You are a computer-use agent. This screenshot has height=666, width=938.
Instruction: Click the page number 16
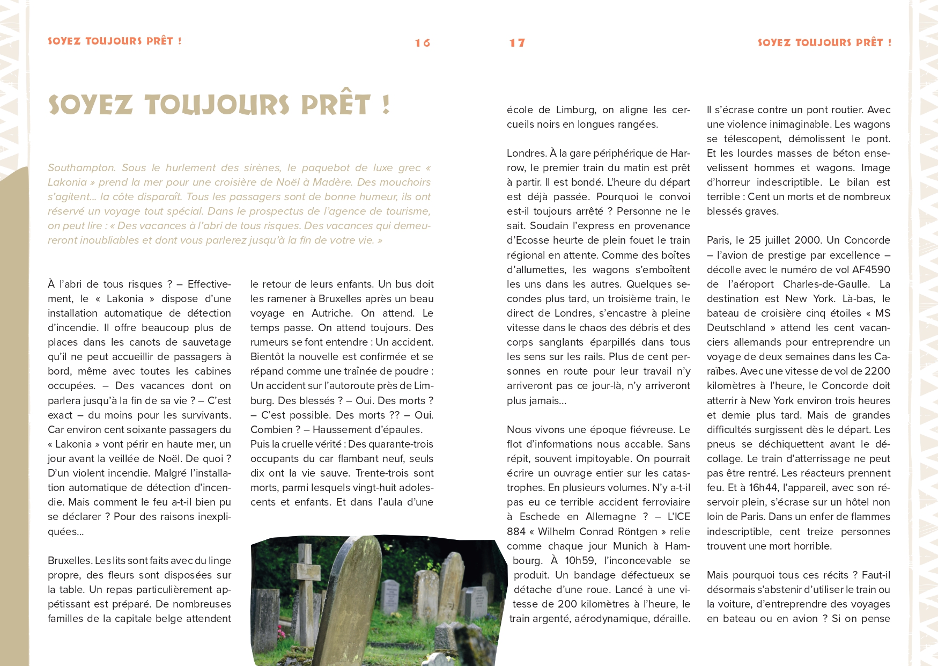[423, 43]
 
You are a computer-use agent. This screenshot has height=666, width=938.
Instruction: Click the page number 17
[517, 43]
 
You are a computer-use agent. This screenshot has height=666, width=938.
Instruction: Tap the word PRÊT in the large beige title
[336, 105]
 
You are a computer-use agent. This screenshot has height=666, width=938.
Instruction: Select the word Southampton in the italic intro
[82, 168]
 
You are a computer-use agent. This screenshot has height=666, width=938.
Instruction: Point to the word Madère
[330, 182]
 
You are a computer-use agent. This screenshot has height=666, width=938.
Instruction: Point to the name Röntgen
[638, 532]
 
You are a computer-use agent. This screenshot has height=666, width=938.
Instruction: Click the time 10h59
[580, 561]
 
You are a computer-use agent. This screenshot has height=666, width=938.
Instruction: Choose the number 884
[516, 532]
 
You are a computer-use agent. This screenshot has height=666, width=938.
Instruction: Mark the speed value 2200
[877, 371]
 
